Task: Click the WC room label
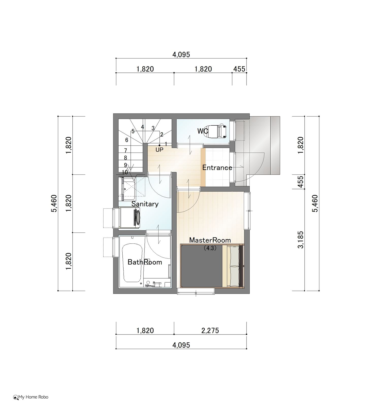coord(203,131)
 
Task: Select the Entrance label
coord(217,167)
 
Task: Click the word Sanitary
coord(145,204)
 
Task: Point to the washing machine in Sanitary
coord(129,218)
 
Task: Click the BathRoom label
coord(145,262)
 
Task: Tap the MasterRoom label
coord(210,240)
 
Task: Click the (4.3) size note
coord(210,248)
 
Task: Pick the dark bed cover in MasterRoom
coord(201,266)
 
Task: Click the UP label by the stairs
coord(159,150)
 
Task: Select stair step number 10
coord(125,172)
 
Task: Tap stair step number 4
coord(143,127)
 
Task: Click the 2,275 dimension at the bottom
coord(210,330)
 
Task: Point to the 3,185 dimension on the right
coord(301,240)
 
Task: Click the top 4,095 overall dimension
coord(181,54)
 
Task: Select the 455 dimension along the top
coord(239,69)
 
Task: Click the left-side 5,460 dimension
coord(54,203)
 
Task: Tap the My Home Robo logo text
coord(31,397)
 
